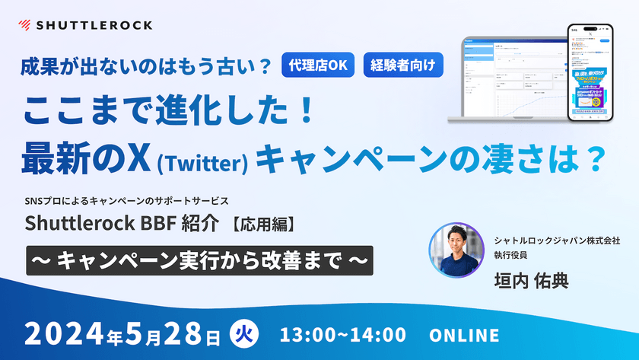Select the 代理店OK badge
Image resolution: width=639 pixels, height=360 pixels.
pos(318,65)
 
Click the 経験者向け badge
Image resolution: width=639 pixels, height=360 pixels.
pos(403,65)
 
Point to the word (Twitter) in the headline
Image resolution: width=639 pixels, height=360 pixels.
pos(203,161)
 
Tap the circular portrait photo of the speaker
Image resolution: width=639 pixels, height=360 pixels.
pos(456,250)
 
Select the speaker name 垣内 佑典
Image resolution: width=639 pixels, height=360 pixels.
pos(530,280)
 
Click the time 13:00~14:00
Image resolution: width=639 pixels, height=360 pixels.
pos(342,335)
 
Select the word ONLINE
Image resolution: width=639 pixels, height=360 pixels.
pos(464,335)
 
